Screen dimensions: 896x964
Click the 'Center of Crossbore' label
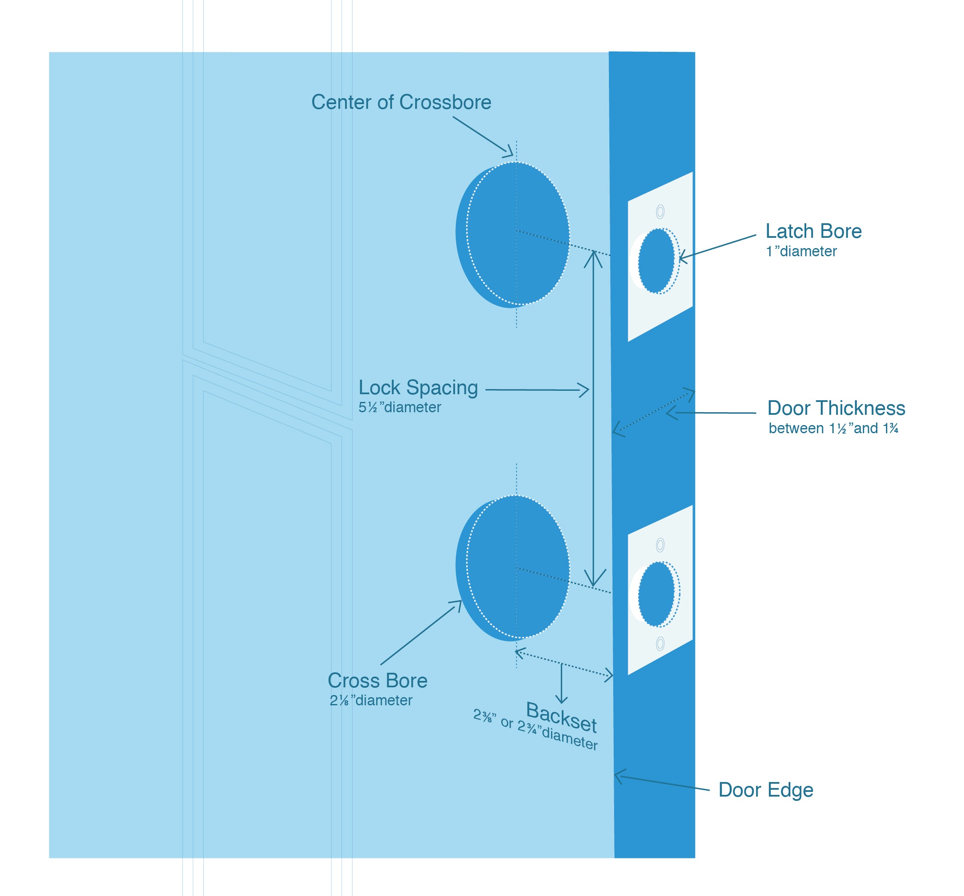[401, 102]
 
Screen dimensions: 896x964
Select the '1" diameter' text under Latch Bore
[801, 252]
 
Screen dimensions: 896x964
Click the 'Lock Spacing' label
[418, 388]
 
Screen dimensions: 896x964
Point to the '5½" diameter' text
[400, 408]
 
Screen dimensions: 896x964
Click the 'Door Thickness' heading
[836, 408]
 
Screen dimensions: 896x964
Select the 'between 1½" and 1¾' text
[833, 429]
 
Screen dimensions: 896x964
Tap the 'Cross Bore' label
[377, 680]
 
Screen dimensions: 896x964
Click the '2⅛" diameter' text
[371, 700]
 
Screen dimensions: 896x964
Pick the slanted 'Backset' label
[561, 718]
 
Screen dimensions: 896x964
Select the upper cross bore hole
[513, 234]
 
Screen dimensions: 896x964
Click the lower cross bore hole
[513, 567]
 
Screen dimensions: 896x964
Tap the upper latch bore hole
[656, 261]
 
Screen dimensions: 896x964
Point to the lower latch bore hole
[656, 593]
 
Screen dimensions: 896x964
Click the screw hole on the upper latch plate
[660, 212]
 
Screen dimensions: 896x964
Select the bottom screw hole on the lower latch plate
[660, 644]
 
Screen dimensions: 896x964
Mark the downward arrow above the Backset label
[561, 698]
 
